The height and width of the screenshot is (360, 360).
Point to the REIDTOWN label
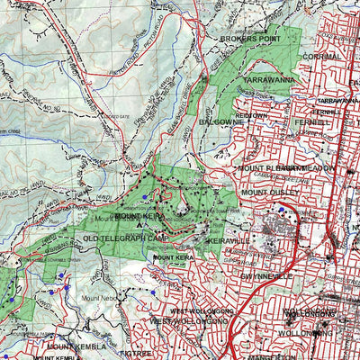(x=249, y=115)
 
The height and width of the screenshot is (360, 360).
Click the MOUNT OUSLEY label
(x=267, y=192)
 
